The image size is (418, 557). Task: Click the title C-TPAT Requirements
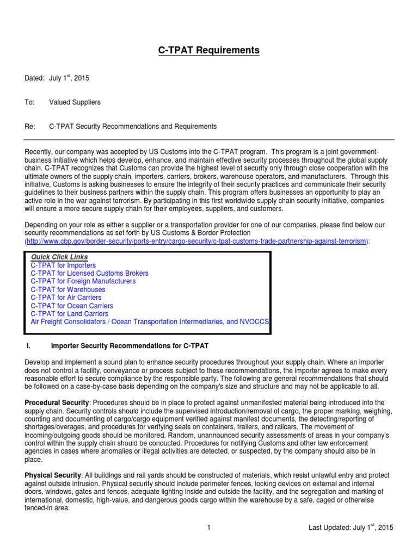point(209,51)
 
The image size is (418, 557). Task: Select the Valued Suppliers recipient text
point(75,102)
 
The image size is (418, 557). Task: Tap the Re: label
point(30,127)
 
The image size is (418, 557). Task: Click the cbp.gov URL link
point(196,241)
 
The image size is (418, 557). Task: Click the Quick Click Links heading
point(59,257)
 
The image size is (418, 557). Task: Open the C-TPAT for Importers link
point(63,265)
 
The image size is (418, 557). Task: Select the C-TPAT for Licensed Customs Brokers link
point(89,273)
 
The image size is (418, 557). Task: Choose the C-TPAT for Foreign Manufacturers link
point(83,281)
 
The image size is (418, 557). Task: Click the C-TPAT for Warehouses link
point(68,290)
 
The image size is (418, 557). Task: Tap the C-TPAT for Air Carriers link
point(66,298)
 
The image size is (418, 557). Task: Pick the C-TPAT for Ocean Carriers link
point(72,306)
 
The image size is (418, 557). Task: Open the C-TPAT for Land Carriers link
point(69,314)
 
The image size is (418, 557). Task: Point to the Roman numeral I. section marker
point(29,346)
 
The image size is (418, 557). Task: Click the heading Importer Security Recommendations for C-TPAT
point(130,346)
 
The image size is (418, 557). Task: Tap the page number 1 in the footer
point(208,528)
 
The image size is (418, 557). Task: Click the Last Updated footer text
point(351,528)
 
